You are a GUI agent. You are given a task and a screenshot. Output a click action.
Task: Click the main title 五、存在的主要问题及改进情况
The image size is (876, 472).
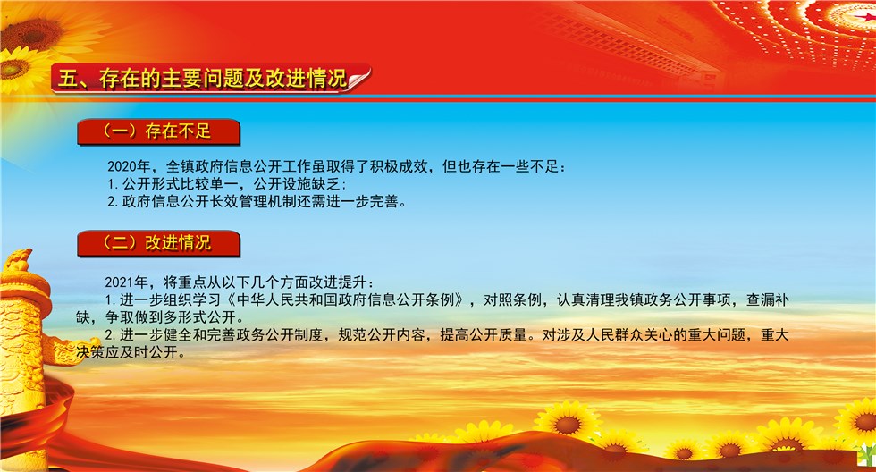(x=202, y=79)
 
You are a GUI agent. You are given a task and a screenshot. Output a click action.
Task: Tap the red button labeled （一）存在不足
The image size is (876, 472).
(x=159, y=131)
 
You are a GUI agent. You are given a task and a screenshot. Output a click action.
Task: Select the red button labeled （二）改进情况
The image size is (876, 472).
(x=159, y=243)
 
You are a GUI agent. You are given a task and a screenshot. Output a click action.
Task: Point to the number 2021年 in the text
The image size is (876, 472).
(x=127, y=282)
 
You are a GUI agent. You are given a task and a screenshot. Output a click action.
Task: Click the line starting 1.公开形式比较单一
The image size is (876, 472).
(x=227, y=184)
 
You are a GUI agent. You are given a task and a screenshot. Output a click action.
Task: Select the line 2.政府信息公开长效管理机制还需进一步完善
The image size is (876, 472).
(x=257, y=201)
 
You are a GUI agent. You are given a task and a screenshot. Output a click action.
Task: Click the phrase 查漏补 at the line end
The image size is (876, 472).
(x=767, y=300)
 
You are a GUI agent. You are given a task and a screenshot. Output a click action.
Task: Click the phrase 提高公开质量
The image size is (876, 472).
(x=484, y=334)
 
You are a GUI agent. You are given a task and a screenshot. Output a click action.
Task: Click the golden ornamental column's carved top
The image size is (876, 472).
(x=18, y=261)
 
